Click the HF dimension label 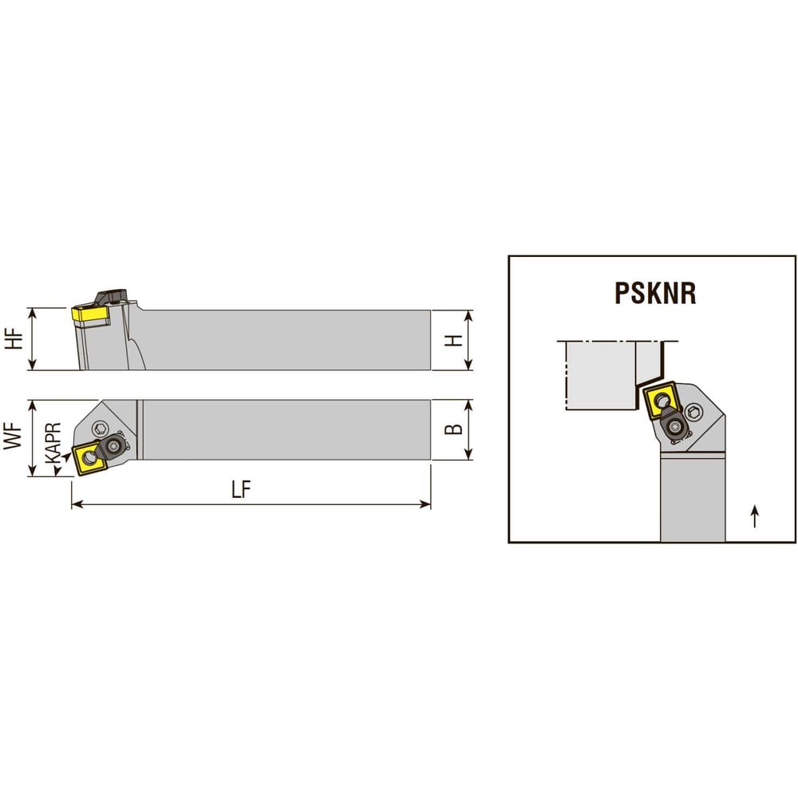click(14, 339)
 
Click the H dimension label click(454, 340)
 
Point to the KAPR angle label click(53, 443)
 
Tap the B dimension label click(453, 429)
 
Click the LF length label click(241, 490)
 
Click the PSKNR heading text click(655, 293)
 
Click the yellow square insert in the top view click(89, 459)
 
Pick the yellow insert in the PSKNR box click(662, 401)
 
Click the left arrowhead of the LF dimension click(77, 504)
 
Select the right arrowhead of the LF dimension click(425, 504)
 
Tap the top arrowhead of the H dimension click(468, 315)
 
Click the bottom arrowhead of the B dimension click(468, 454)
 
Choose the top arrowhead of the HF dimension click(32, 314)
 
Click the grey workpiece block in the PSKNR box click(601, 376)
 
